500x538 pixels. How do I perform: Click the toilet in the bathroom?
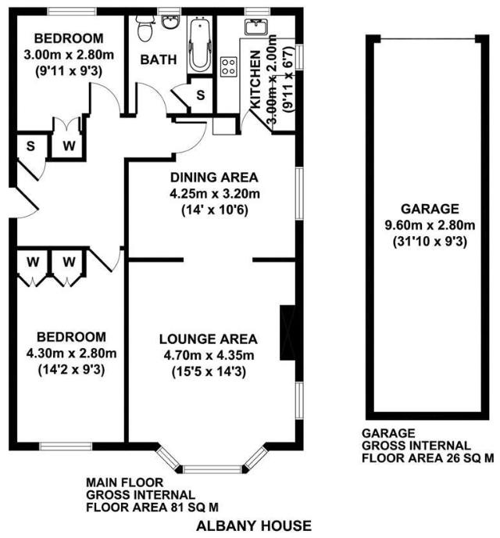[143, 29]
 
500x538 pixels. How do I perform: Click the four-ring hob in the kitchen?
[229, 67]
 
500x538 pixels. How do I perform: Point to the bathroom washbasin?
[170, 23]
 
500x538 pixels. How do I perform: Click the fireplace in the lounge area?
[289, 328]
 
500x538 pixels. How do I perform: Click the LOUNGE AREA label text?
[208, 339]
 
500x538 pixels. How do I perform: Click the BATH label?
[158, 59]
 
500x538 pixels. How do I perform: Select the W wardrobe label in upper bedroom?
[68, 145]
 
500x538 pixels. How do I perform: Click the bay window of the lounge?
[212, 469]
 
